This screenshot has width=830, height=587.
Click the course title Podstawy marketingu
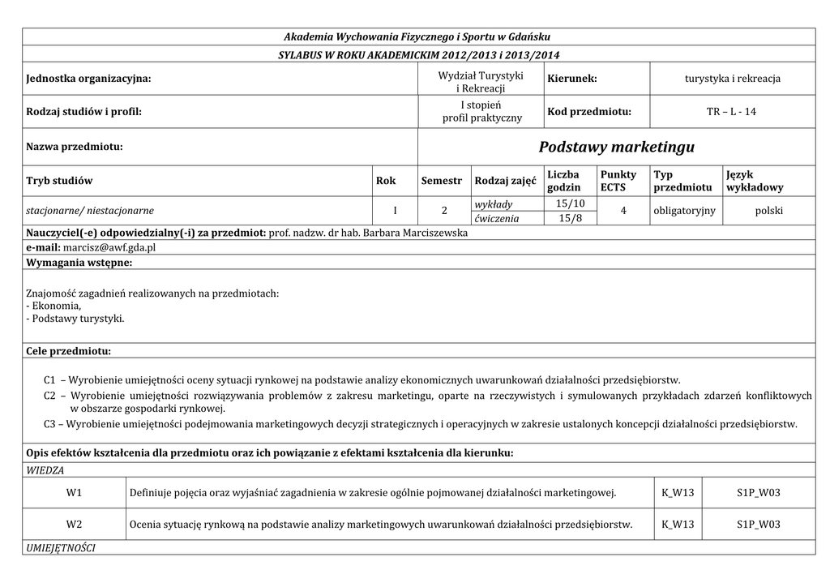pos(616,148)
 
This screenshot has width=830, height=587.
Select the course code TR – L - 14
pos(732,111)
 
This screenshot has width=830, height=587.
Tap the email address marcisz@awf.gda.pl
pos(109,247)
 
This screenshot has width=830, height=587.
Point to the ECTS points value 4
pos(622,211)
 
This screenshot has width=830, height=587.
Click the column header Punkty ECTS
pos(618,181)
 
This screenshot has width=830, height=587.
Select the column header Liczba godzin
pos(564,181)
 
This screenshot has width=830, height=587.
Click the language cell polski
pos(768,211)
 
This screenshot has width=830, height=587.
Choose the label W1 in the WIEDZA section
pos(75,492)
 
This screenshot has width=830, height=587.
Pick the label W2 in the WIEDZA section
pos(75,524)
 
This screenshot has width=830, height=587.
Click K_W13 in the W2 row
pos(678,524)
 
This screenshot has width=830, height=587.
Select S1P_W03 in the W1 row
pos(758,492)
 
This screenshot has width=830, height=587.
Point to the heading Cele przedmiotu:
pos(68,351)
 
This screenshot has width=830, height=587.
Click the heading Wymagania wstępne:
pos(79,263)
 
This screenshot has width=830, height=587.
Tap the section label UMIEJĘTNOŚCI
pos(61,548)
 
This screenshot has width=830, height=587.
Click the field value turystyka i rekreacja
pos(732,79)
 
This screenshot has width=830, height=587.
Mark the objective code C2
pos(50,396)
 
